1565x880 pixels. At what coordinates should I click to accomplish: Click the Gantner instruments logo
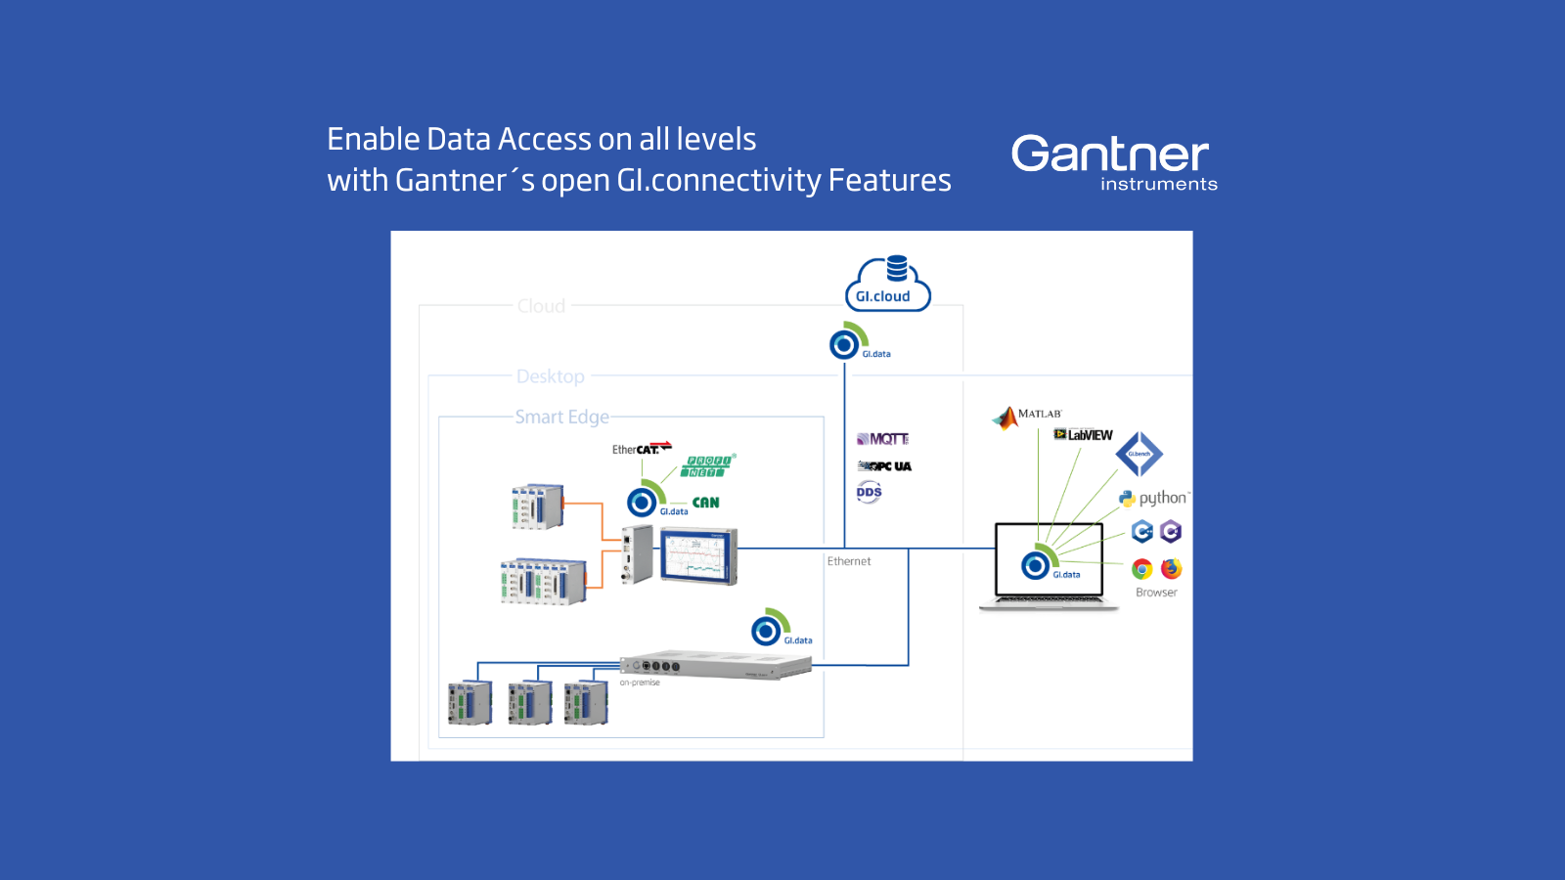coord(1113,161)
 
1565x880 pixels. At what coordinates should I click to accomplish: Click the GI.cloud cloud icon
coord(886,285)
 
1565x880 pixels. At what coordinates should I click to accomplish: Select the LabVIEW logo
coord(1084,435)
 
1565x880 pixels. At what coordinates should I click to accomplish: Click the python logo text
coord(1161,498)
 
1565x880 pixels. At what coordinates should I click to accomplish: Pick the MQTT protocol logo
coord(883,439)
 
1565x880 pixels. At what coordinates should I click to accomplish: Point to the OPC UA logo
coord(884,466)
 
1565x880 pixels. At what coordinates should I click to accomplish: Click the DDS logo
coord(869,492)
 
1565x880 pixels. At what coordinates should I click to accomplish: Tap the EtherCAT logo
coord(642,449)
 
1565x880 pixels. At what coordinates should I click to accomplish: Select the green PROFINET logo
coord(708,466)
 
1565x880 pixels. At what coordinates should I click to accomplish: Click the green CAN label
coord(705,503)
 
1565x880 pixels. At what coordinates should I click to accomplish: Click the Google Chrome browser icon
coord(1141,569)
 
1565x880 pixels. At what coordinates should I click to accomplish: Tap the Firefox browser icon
coord(1171,569)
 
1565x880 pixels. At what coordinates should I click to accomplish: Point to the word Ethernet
coord(848,561)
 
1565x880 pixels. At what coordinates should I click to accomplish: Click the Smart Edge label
coord(561,418)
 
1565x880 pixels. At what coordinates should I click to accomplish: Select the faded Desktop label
coord(550,376)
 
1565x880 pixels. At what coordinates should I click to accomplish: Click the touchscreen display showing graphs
coord(697,555)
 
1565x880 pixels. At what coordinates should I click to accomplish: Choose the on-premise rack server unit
coord(715,666)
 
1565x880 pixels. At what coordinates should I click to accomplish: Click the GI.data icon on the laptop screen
coord(1037,564)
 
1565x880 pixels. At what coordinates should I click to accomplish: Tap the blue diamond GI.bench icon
coord(1139,454)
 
